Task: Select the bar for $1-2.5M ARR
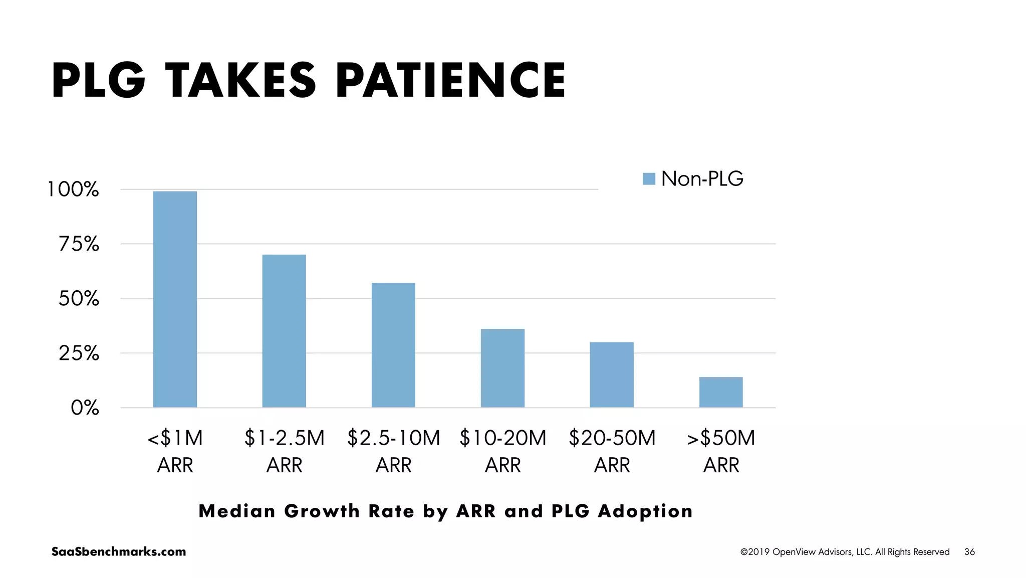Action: coord(284,331)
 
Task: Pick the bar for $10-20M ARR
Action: coord(502,368)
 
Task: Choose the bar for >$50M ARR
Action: coord(721,392)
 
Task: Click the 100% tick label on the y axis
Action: coord(73,189)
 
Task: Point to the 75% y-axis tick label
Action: coord(79,244)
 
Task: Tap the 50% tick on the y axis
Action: coord(79,299)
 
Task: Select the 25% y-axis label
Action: coord(79,353)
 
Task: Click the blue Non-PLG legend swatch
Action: coord(649,179)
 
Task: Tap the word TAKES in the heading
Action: coord(240,80)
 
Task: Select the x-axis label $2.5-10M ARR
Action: coord(393,451)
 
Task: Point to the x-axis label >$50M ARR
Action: coord(721,451)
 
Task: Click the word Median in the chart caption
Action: coord(237,511)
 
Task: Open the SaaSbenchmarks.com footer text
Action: coord(119,551)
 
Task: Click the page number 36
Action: coord(969,552)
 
